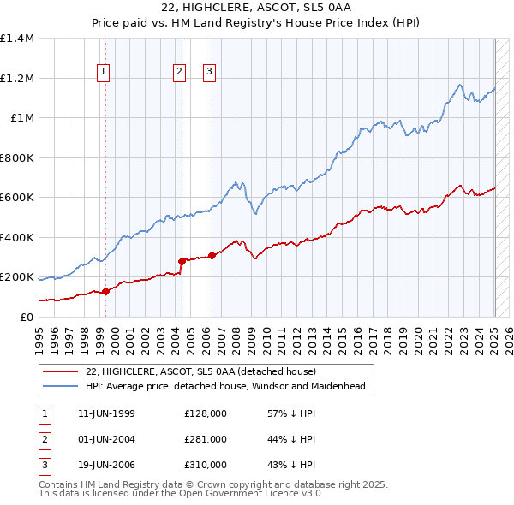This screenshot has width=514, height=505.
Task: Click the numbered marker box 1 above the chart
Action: click(103, 73)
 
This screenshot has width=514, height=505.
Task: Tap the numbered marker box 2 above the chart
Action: click(180, 73)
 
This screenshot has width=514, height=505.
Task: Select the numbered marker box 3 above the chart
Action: click(209, 73)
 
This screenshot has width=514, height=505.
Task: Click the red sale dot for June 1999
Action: click(105, 291)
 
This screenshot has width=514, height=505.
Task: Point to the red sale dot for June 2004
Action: click(182, 261)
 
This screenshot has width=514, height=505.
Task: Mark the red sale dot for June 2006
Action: click(212, 255)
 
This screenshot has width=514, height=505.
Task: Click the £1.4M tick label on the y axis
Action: click(17, 39)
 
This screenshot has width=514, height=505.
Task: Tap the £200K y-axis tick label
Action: click(17, 277)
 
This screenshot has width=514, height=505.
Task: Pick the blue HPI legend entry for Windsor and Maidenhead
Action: click(225, 387)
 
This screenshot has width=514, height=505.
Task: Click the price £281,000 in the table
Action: click(206, 439)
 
